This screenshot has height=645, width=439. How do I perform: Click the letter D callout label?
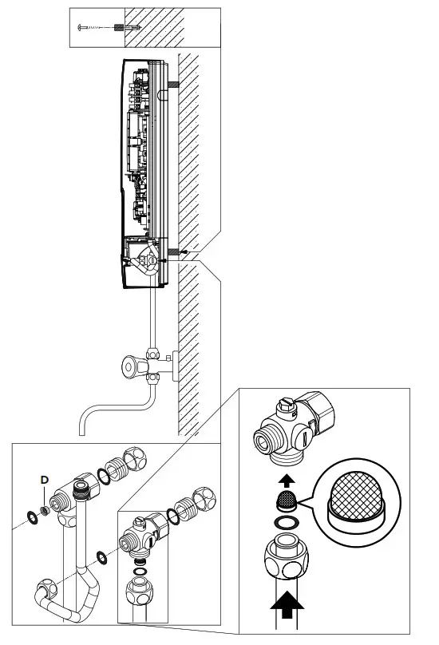coord(45,479)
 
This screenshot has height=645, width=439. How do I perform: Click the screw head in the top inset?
coord(81,27)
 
